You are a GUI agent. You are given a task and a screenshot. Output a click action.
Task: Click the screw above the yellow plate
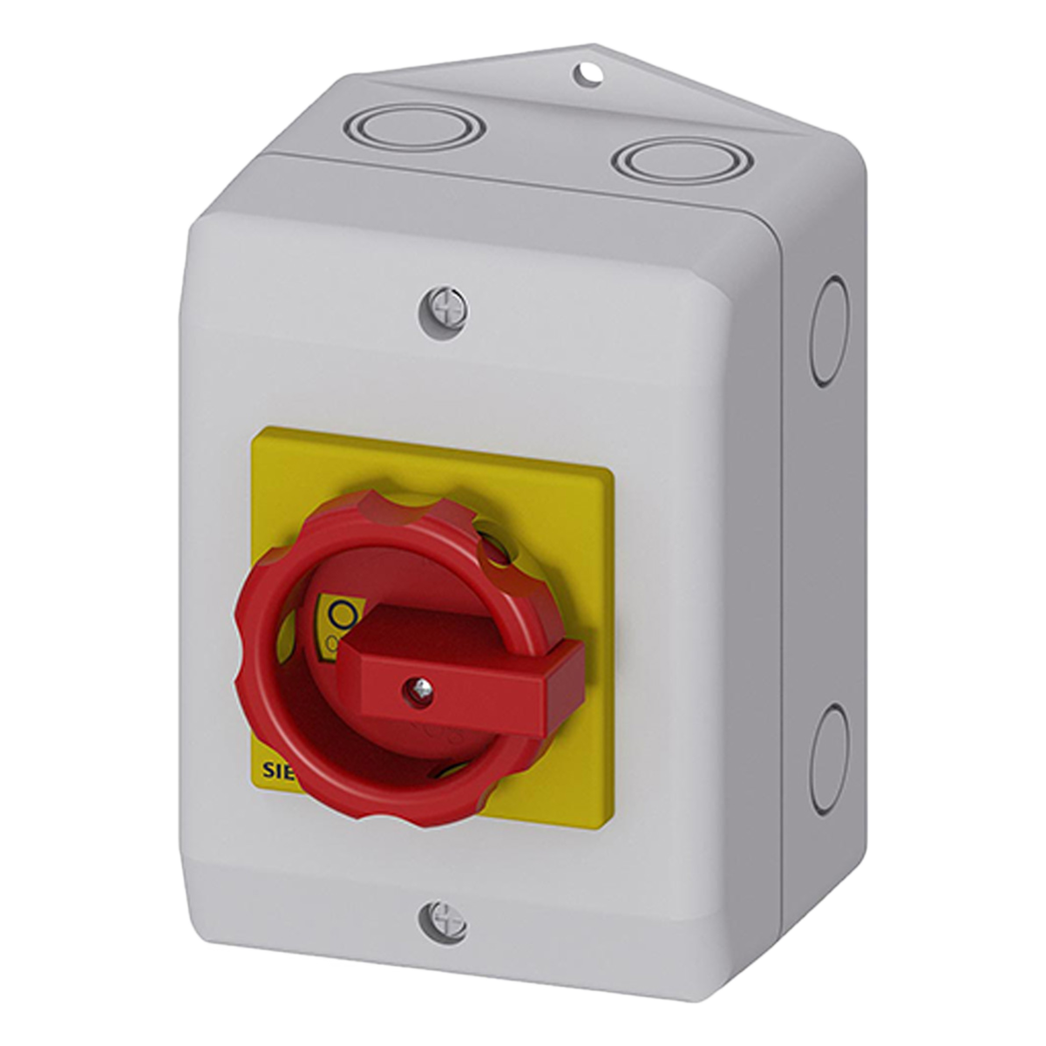(441, 307)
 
